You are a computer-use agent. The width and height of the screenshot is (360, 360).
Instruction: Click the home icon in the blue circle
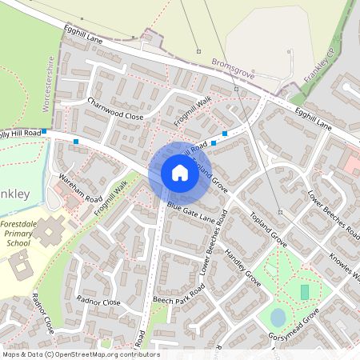click(180, 173)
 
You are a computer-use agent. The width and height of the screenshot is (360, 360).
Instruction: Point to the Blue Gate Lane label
click(191, 213)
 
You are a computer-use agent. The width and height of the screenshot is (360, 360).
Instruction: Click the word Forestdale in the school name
click(24, 226)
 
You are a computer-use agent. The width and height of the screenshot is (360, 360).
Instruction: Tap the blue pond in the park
click(278, 318)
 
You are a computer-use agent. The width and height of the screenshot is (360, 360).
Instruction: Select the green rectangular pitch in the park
click(304, 292)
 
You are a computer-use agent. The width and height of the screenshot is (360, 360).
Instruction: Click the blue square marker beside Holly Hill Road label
click(46, 131)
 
